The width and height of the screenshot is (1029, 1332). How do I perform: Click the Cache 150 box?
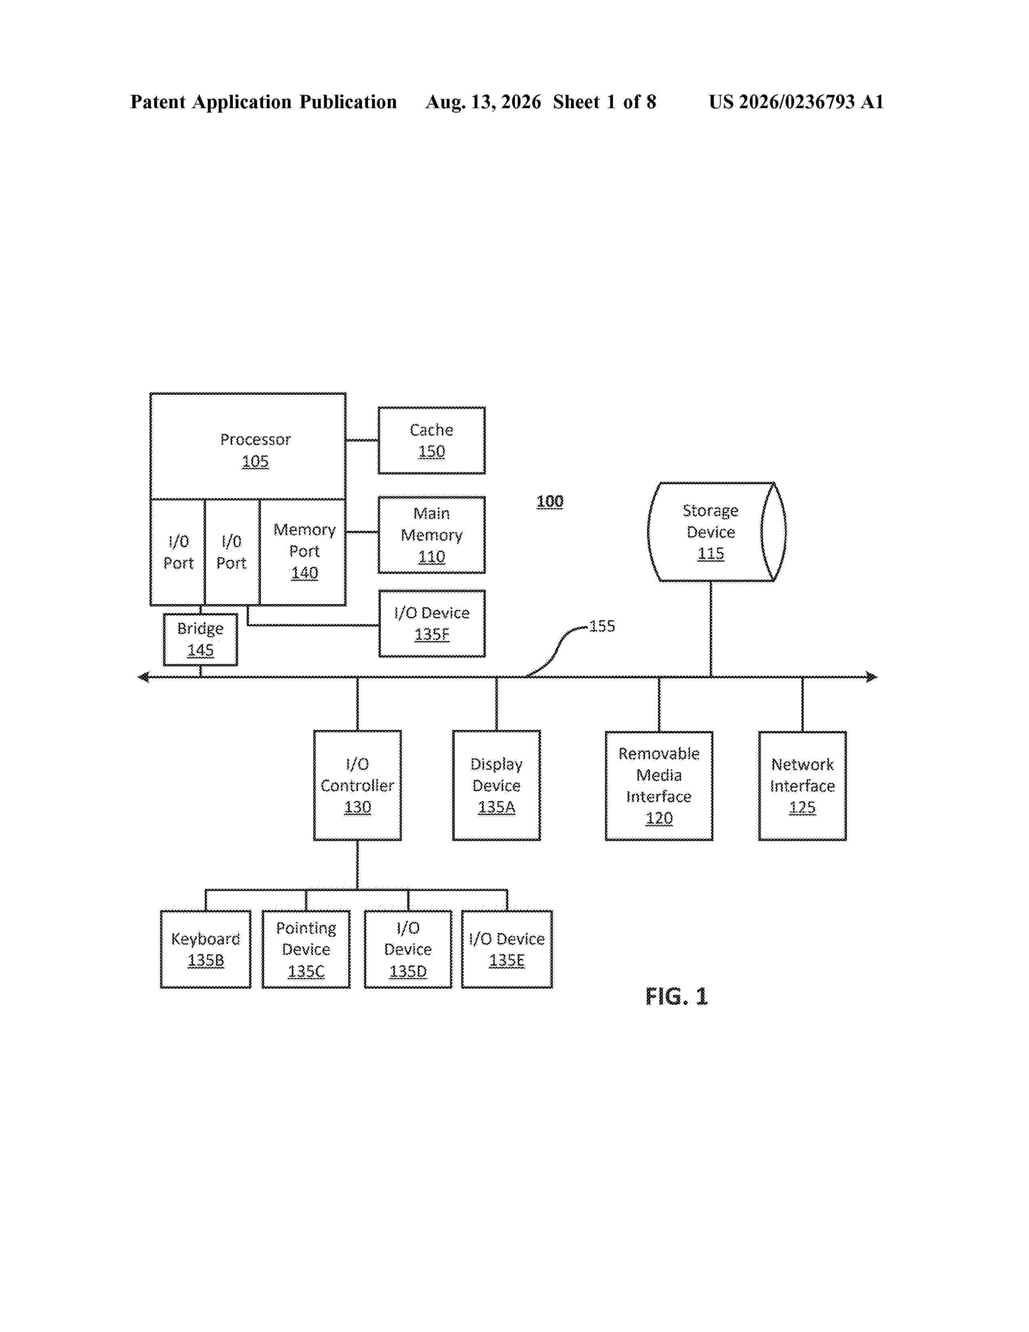(432, 440)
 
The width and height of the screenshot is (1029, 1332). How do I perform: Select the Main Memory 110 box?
(432, 535)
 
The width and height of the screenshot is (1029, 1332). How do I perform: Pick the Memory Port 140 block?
(303, 552)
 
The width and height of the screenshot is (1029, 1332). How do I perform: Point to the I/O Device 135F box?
(432, 623)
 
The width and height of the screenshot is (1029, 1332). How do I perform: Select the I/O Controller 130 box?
(357, 785)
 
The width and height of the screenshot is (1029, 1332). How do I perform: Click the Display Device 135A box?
(496, 785)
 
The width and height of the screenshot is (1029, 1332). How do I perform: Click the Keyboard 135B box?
(205, 949)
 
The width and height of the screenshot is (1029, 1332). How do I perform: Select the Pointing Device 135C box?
(306, 949)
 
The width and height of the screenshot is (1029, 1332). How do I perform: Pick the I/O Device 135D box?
(408, 949)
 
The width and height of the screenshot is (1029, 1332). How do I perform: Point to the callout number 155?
(602, 626)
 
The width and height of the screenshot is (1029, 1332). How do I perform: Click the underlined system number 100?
(550, 501)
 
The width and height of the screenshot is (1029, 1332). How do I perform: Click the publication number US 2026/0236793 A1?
(796, 102)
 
